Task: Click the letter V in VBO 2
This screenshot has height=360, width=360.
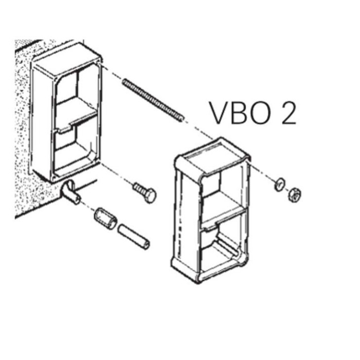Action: [218, 112]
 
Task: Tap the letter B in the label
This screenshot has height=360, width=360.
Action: [239, 112]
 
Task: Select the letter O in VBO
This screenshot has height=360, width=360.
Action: [262, 112]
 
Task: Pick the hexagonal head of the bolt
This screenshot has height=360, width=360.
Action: [150, 195]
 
